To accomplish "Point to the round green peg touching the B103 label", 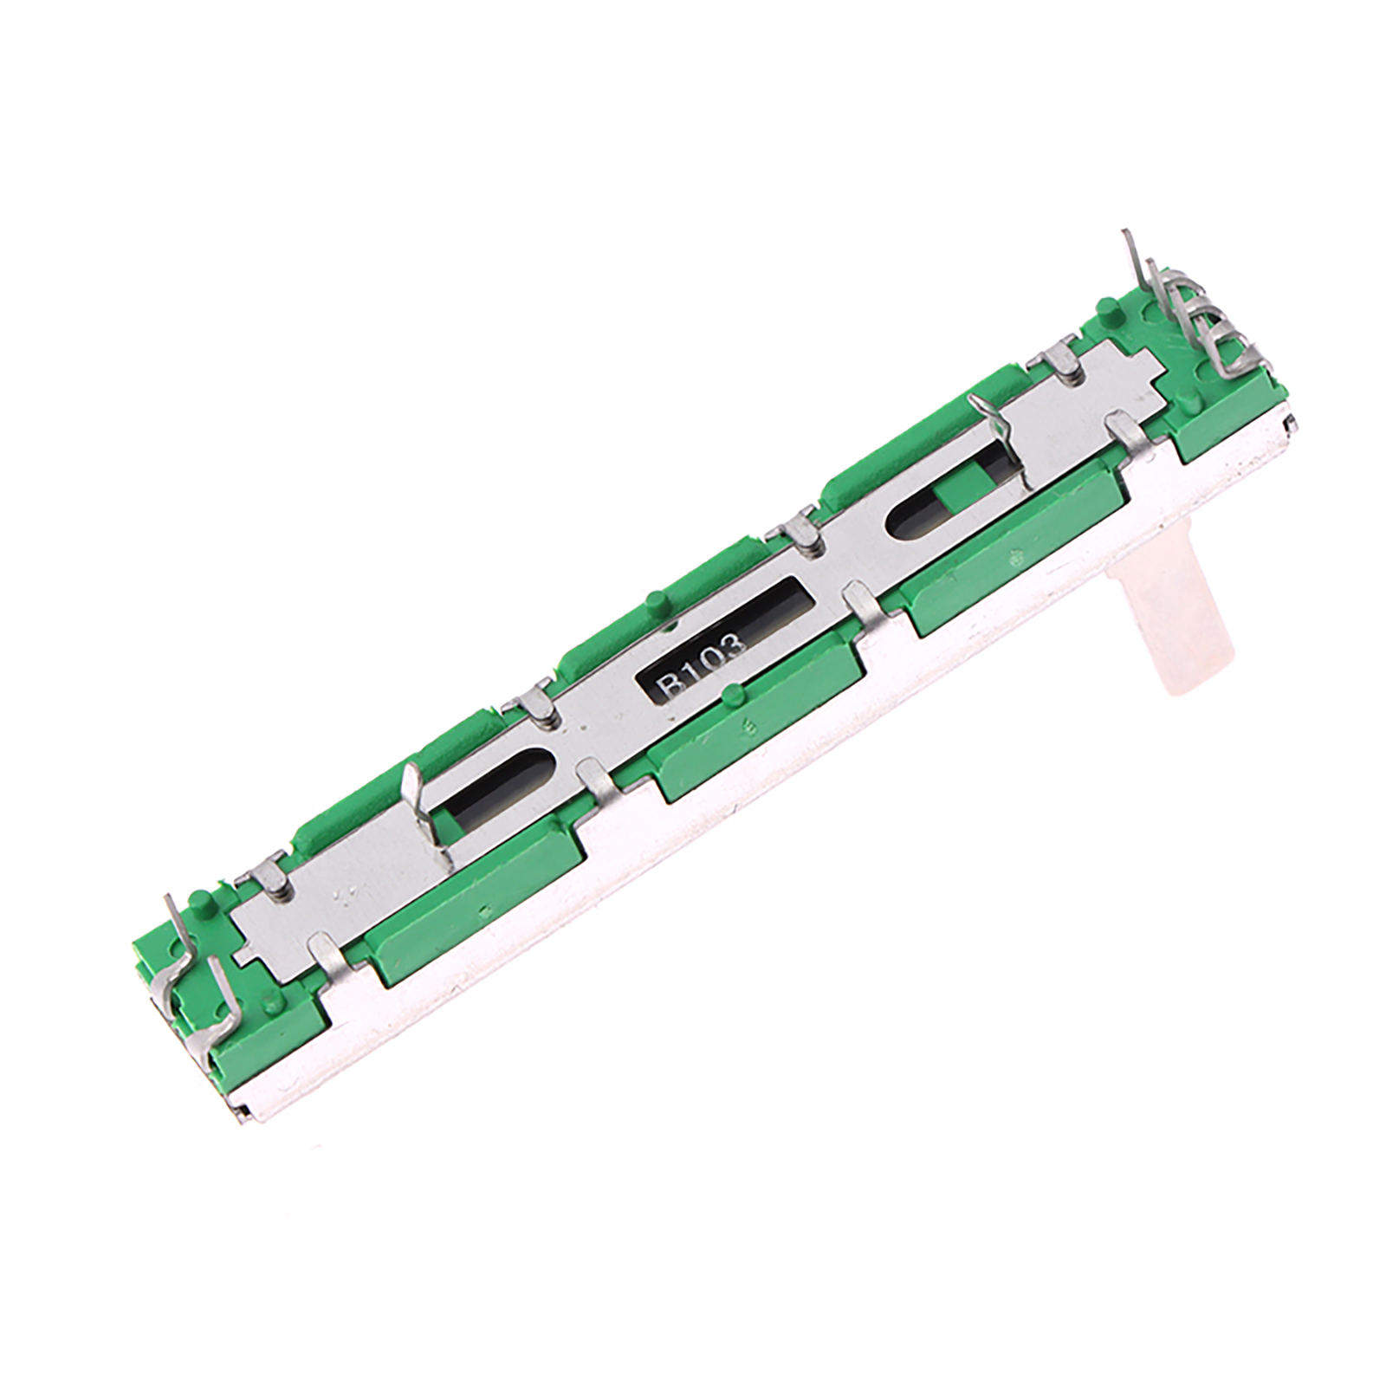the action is pyautogui.click(x=735, y=694).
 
